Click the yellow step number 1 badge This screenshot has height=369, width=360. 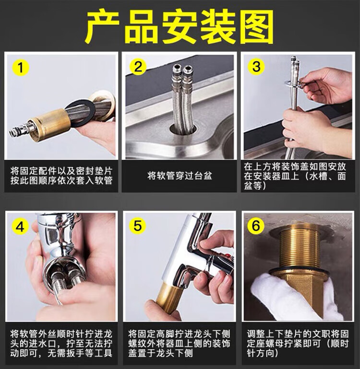coord(21,68)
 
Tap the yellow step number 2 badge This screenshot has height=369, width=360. coord(138,67)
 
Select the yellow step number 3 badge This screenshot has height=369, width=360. coord(256,67)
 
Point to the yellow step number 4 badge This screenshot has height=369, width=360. coord(20,227)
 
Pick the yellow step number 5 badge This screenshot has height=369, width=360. coord(138,226)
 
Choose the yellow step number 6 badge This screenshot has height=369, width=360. coord(256,226)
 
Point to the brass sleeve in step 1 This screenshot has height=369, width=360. coord(50,125)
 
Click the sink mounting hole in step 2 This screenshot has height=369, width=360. coord(183,129)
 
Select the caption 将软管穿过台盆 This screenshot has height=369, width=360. coord(180,176)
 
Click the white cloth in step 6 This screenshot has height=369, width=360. coord(294,297)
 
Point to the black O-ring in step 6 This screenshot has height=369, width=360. coord(299,271)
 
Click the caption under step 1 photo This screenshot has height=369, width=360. coord(61,176)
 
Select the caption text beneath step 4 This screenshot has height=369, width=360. coord(61,344)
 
